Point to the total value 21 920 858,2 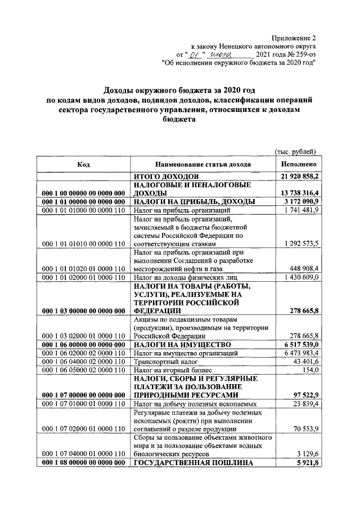299,177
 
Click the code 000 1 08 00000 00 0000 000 83,462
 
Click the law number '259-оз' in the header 304,55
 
